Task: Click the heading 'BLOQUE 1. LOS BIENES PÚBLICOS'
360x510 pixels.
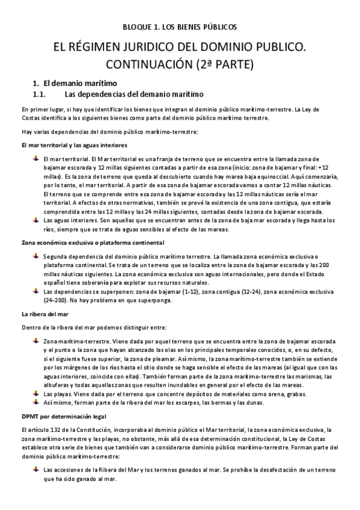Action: click(180, 27)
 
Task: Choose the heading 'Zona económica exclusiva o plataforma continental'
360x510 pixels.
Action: click(93, 242)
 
